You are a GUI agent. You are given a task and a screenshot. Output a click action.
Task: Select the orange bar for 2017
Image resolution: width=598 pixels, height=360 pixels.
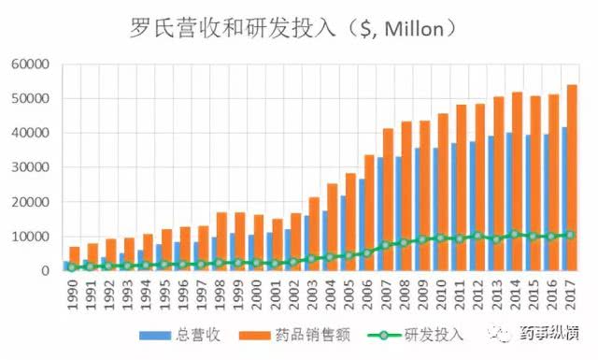pos(572,178)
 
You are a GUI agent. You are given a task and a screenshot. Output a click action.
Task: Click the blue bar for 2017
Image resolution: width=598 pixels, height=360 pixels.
pos(562,201)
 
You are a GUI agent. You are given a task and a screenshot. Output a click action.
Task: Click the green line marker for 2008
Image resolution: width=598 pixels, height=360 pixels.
pos(404,243)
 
